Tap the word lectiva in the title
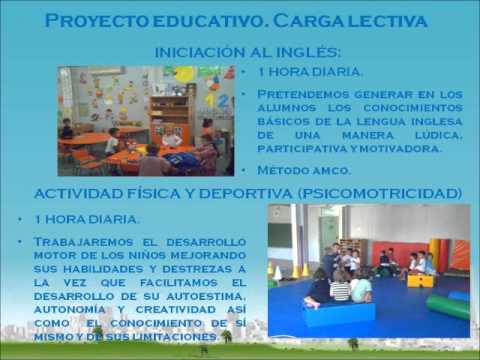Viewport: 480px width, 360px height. point(385,21)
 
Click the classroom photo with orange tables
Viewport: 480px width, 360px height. point(146,120)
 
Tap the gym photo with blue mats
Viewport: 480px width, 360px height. point(368,270)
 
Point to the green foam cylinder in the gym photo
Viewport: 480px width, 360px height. point(448,305)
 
